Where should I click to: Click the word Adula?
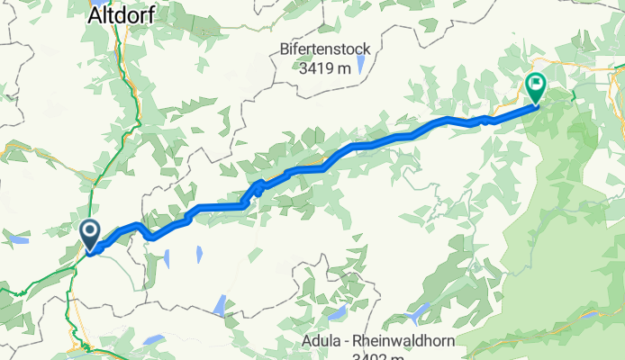click(x=329, y=341)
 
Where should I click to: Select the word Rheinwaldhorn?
click(x=409, y=341)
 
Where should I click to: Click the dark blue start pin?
click(x=91, y=234)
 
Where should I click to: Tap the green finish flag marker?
click(x=536, y=88)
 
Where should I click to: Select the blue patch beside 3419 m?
click(x=360, y=63)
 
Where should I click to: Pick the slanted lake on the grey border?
click(x=219, y=306)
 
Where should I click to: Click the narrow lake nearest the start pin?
click(x=167, y=258)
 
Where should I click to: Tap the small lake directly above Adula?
click(x=337, y=313)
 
